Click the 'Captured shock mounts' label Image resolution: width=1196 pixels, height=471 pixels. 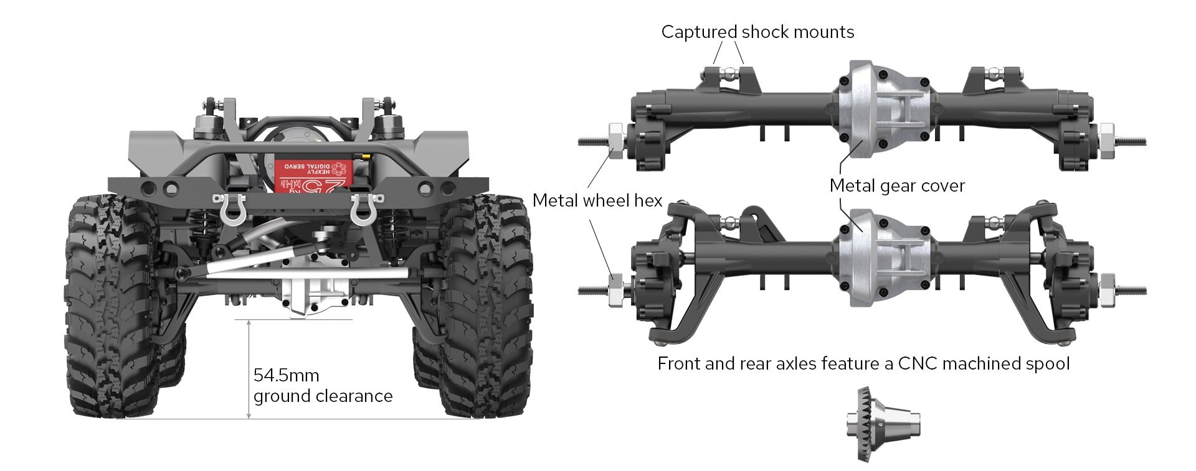[757, 32]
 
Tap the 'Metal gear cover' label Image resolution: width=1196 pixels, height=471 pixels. [897, 185]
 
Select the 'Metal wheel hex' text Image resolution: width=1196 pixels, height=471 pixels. [597, 200]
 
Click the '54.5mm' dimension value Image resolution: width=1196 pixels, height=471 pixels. [286, 375]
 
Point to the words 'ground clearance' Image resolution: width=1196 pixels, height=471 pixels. [323, 396]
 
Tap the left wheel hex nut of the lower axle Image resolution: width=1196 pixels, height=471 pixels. [615, 290]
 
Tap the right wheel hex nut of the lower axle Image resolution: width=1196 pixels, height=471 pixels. [1107, 290]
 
